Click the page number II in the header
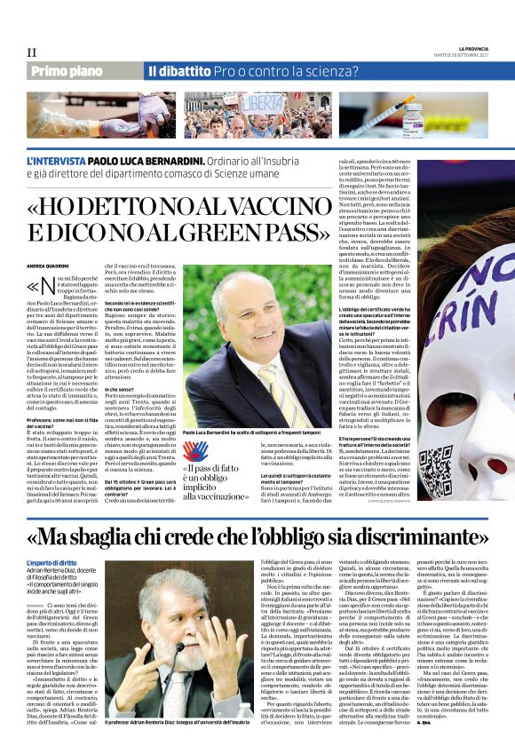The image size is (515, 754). click(x=31, y=52)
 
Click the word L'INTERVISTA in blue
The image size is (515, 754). click(x=57, y=163)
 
